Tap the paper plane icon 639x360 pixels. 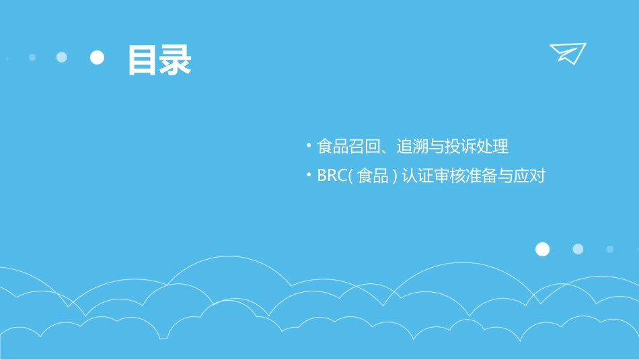567,52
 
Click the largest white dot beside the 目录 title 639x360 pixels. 98,57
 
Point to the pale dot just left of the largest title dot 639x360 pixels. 62,57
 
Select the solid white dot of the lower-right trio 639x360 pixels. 542,249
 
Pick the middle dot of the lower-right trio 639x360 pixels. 578,249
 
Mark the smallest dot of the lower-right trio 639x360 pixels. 609,249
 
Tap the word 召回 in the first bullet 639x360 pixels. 365,146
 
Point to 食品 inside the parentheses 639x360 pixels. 373,177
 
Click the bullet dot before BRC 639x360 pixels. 308,175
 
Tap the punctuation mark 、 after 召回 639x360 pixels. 385,149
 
